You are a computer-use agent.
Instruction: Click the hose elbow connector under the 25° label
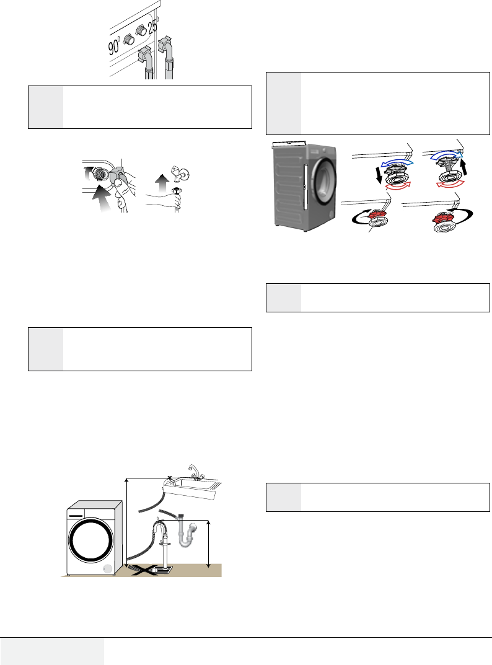[165, 46]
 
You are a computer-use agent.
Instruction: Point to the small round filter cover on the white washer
[107, 569]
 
